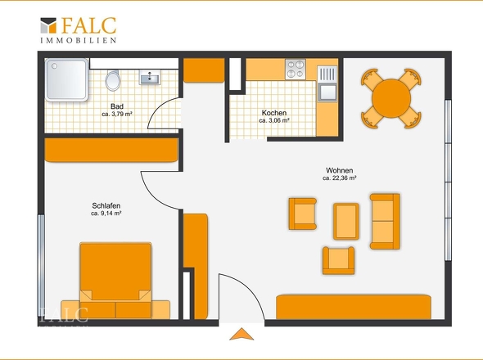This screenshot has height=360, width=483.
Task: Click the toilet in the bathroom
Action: click(x=113, y=81)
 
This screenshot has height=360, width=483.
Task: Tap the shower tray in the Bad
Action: click(x=66, y=79)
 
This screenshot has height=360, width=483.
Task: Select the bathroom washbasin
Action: click(x=150, y=77)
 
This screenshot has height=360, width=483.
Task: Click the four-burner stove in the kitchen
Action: click(x=296, y=70)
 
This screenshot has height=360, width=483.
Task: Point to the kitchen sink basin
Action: click(x=327, y=92)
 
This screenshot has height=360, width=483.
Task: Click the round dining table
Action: click(x=391, y=98)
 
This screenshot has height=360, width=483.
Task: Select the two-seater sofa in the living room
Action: click(x=385, y=221)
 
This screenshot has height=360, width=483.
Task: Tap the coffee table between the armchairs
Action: click(x=346, y=222)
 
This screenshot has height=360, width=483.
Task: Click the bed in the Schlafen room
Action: click(x=115, y=281)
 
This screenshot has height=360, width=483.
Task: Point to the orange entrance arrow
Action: click(x=241, y=335)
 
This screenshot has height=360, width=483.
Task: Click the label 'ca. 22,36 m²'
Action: click(x=340, y=178)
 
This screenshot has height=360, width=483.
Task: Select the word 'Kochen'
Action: click(x=274, y=113)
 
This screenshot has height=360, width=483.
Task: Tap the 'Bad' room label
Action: click(x=117, y=106)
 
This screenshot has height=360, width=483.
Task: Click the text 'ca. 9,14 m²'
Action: click(x=106, y=213)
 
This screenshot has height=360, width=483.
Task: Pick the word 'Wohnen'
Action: click(x=340, y=170)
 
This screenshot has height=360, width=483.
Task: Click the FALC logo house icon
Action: click(x=48, y=25)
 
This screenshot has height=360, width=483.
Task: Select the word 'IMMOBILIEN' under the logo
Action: click(x=79, y=40)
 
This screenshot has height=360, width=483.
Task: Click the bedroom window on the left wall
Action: click(x=41, y=266)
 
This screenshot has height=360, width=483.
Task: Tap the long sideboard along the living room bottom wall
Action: click(x=354, y=307)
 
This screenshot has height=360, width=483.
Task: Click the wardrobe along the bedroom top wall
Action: click(x=111, y=150)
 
